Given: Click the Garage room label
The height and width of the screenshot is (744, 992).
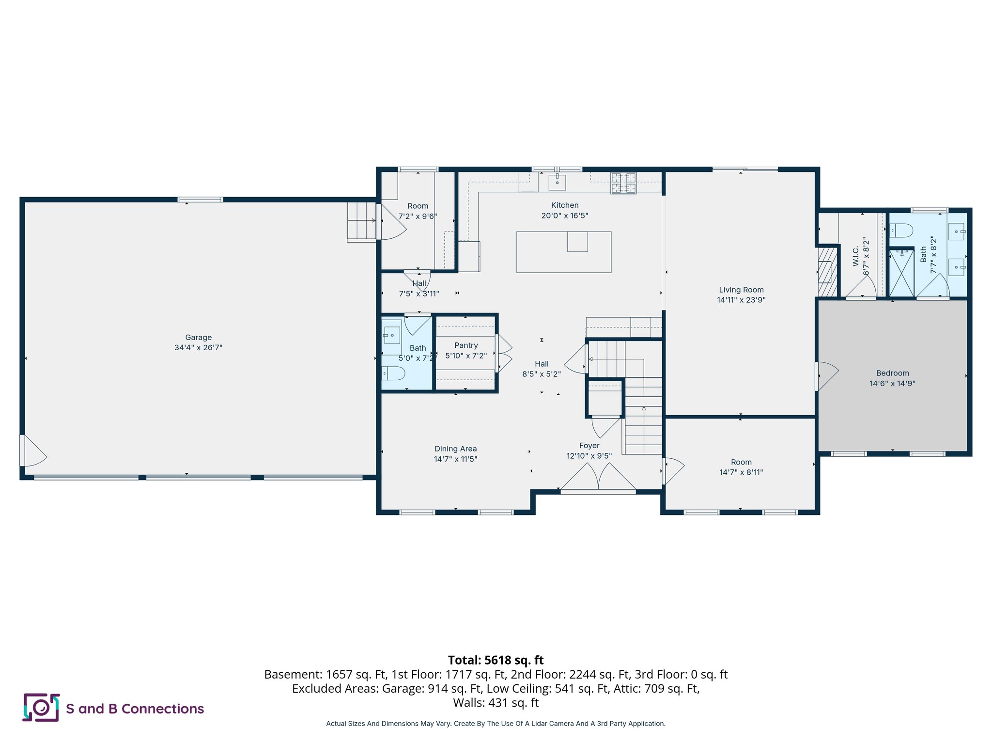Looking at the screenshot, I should [198, 338].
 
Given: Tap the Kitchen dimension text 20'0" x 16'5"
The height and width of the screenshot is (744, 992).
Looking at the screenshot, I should [564, 216].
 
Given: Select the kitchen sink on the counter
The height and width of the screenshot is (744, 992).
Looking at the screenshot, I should [557, 183].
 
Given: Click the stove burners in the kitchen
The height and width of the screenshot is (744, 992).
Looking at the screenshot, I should [623, 183].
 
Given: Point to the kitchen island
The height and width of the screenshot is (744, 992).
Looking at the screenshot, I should [563, 252].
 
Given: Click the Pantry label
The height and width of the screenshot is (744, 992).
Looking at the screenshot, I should [466, 345].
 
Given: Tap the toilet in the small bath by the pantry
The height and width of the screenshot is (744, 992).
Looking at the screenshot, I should [394, 373].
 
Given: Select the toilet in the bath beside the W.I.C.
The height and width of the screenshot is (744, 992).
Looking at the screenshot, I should [901, 230].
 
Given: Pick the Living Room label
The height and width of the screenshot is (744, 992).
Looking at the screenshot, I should [741, 290].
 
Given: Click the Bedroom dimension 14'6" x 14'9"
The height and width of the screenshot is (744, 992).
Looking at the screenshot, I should [892, 383].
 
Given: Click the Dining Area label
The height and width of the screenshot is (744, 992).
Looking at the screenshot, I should [455, 449].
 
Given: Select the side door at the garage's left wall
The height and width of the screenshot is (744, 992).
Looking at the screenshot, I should [32, 451].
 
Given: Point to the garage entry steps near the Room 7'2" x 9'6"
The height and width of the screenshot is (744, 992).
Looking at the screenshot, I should [361, 221].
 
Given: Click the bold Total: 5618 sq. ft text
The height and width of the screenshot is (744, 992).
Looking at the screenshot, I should [496, 660].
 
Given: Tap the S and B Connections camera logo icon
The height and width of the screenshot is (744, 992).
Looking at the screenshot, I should [41, 708].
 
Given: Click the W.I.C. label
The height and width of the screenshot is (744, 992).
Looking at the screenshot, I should [855, 256].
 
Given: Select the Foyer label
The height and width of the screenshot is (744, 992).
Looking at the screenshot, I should [589, 446].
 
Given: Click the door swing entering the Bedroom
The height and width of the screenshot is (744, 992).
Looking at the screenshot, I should [827, 375].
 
